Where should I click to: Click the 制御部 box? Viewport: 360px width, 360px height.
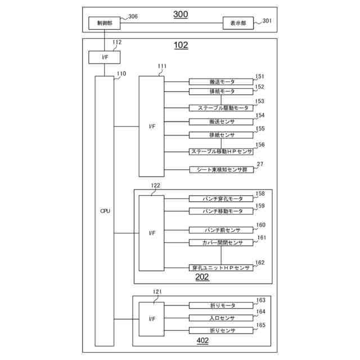[103, 23]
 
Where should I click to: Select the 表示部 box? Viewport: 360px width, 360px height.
[238, 23]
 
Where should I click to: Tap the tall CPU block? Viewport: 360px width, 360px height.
[104, 211]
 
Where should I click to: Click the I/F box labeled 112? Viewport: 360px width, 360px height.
[104, 57]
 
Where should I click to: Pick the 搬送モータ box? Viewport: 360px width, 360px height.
[220, 82]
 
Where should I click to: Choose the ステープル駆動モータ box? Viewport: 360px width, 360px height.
[220, 107]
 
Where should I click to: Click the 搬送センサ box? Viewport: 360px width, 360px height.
[220, 121]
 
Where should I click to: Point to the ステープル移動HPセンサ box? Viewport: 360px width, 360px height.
[220, 151]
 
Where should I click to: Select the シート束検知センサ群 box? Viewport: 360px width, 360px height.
[220, 169]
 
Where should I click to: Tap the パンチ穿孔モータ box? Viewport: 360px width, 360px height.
[220, 199]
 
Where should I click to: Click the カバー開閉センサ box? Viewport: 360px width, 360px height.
[220, 242]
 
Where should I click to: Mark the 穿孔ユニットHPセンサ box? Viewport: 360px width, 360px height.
[220, 268]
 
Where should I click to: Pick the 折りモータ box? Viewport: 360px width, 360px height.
[220, 305]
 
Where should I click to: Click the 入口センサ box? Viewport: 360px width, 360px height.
[220, 318]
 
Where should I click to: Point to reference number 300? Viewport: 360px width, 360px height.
[181, 13]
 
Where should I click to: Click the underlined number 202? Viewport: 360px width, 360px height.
[202, 277]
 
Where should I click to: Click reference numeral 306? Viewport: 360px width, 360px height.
[133, 17]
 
